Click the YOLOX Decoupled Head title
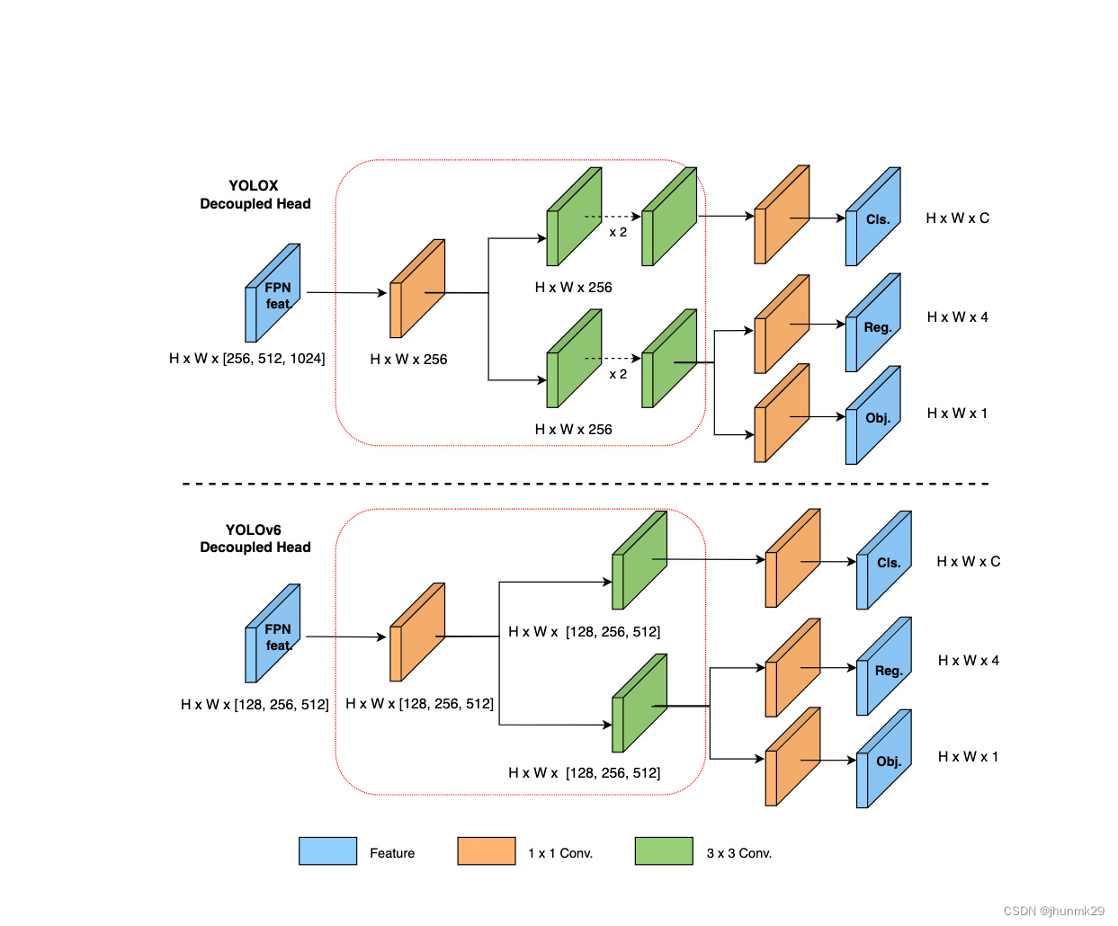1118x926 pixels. tap(255, 195)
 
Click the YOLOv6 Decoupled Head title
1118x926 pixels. tap(255, 539)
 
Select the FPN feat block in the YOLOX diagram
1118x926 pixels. tap(273, 294)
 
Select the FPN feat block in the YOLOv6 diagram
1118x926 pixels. tap(273, 635)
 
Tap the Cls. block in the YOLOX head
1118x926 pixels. tap(874, 218)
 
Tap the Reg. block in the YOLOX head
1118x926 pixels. tap(874, 325)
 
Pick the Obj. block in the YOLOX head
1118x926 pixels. tap(874, 417)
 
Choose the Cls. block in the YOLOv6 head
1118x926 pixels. tap(885, 562)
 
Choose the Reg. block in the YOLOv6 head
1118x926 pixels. tap(885, 669)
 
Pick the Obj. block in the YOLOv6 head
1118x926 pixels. tap(885, 761)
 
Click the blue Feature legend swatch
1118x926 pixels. tap(327, 850)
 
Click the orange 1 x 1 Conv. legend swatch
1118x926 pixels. tap(486, 850)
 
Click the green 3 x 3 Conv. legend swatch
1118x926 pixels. tap(664, 850)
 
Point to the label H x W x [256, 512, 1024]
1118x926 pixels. tap(246, 359)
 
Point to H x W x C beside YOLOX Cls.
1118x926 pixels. tap(957, 218)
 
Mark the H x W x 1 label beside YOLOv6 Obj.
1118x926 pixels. tap(968, 757)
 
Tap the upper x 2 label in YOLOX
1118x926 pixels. tap(618, 232)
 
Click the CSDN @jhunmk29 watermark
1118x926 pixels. tap(1053, 911)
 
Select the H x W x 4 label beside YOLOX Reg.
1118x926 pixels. tap(957, 317)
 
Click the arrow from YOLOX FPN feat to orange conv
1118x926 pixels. tap(346, 292)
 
